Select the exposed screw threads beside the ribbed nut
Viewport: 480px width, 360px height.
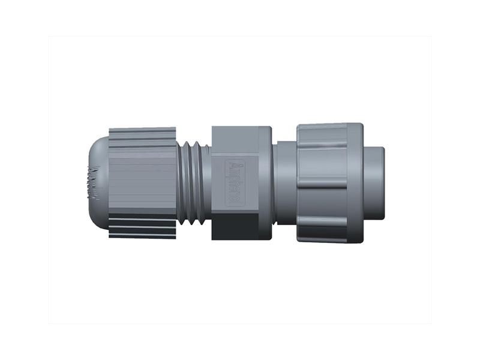point(193,183)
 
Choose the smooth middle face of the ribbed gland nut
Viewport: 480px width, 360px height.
point(142,180)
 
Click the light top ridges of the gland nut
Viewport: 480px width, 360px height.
point(142,137)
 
